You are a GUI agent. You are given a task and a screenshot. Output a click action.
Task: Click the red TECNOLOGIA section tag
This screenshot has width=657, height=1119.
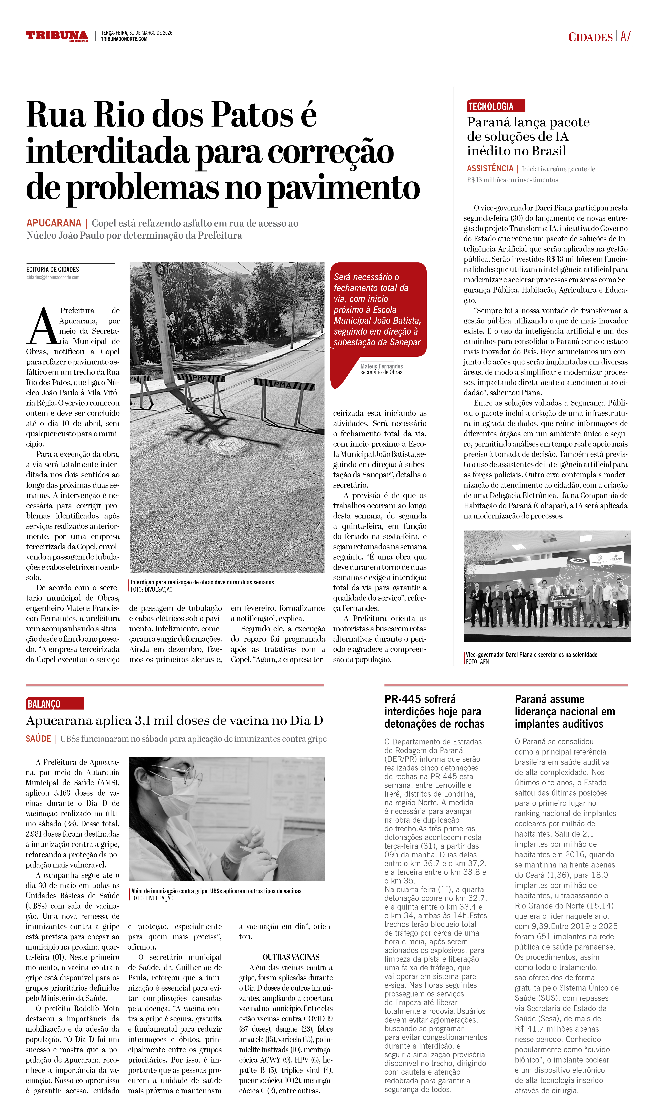[496, 106]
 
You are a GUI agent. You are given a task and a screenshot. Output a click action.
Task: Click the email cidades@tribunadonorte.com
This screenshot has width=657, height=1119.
[53, 278]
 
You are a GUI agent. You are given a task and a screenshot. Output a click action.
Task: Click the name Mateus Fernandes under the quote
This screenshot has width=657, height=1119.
[381, 366]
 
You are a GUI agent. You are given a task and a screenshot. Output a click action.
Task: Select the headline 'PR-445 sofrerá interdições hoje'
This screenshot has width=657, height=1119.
[434, 711]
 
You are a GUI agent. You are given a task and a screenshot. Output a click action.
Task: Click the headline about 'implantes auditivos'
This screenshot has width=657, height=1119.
[565, 711]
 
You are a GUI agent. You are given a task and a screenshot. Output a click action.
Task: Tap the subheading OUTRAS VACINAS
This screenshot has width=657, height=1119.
[291, 957]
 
